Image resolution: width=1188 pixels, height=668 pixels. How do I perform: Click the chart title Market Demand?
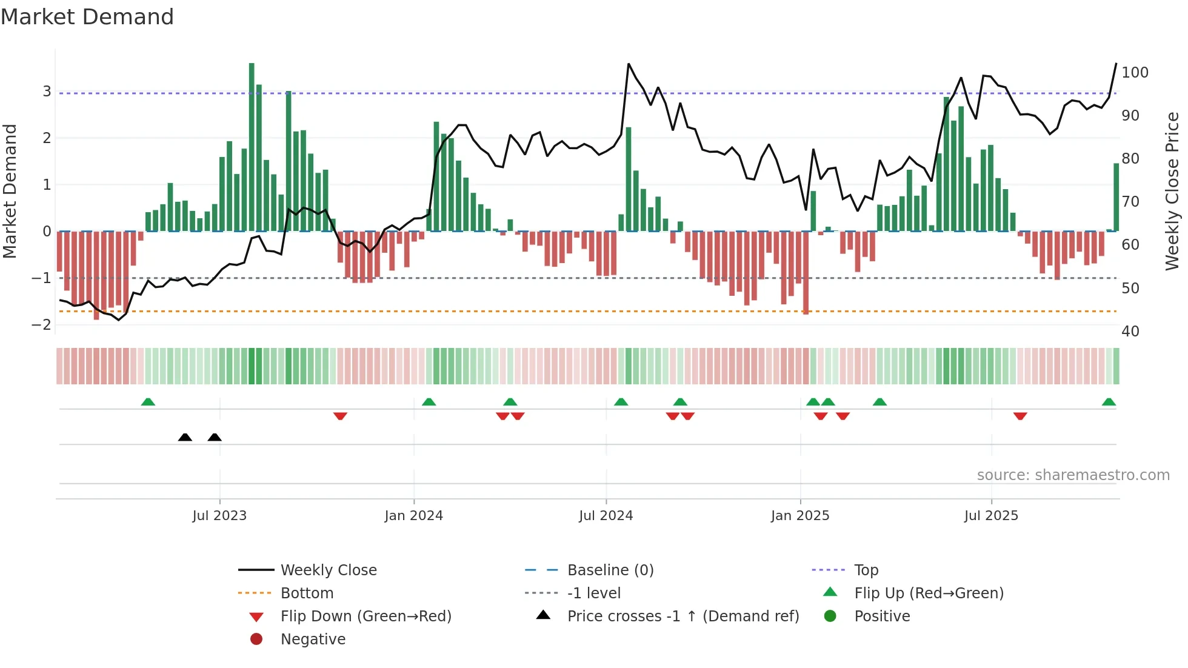coord(87,16)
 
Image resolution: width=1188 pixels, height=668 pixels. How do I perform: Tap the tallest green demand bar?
coord(252,147)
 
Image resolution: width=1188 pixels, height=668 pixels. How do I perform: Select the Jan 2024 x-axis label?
coord(413,516)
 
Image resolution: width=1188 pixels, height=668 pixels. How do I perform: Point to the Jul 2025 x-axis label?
coord(991,516)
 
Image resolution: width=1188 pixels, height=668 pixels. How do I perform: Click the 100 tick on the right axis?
coord(1135,73)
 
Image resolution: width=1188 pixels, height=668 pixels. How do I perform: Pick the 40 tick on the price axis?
coord(1130,332)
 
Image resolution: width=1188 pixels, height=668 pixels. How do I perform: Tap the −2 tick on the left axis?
coord(41,324)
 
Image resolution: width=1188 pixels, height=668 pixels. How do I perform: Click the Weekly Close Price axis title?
coord(1172,191)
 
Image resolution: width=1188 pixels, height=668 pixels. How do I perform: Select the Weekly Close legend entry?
coord(328,570)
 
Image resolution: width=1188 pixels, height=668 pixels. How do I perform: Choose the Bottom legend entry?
coord(307,593)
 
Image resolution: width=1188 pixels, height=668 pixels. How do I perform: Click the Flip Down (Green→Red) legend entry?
coord(365,616)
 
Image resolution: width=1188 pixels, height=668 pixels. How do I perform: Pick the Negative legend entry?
coord(313,640)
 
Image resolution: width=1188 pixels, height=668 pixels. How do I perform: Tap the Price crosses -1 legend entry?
coord(682,616)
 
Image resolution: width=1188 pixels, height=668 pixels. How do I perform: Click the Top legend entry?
coord(866,570)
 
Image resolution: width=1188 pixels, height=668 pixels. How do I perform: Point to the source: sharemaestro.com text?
coord(1073,475)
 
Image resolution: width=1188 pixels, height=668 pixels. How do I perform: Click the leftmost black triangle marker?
coord(185,438)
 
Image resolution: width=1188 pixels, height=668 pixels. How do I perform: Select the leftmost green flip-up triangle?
coord(148,402)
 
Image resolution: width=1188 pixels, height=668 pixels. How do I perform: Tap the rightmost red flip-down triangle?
coord(1020,416)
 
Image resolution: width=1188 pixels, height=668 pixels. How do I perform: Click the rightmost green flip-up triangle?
coord(1109,402)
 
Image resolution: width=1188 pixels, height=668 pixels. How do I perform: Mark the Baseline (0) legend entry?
coord(610,570)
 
